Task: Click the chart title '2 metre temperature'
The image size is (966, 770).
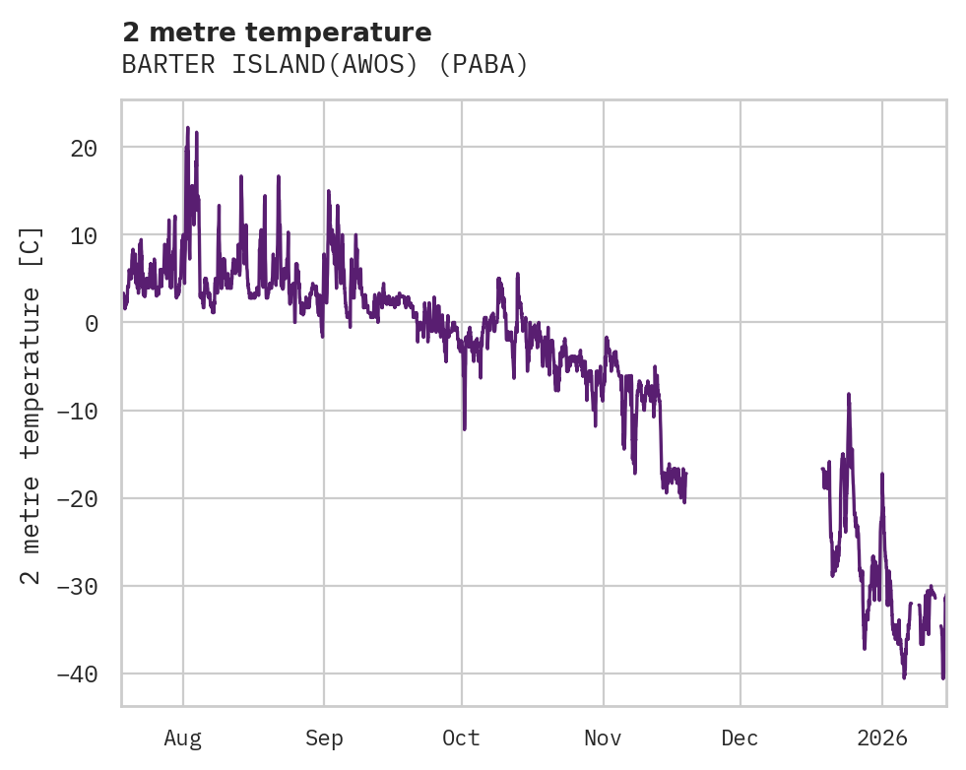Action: pyautogui.click(x=277, y=32)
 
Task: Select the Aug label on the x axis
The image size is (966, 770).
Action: pyautogui.click(x=183, y=738)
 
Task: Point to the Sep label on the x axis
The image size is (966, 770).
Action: pyautogui.click(x=324, y=738)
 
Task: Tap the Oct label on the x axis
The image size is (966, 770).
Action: pyautogui.click(x=461, y=738)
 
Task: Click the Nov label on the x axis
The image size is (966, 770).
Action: pyautogui.click(x=603, y=738)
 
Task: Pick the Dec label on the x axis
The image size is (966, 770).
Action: pyautogui.click(x=740, y=738)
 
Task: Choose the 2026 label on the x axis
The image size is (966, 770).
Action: pyautogui.click(x=881, y=738)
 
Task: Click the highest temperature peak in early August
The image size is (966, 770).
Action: pyautogui.click(x=187, y=128)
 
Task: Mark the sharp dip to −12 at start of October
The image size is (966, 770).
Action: pyautogui.click(x=464, y=428)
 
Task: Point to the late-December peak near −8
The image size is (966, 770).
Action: pyautogui.click(x=848, y=394)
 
